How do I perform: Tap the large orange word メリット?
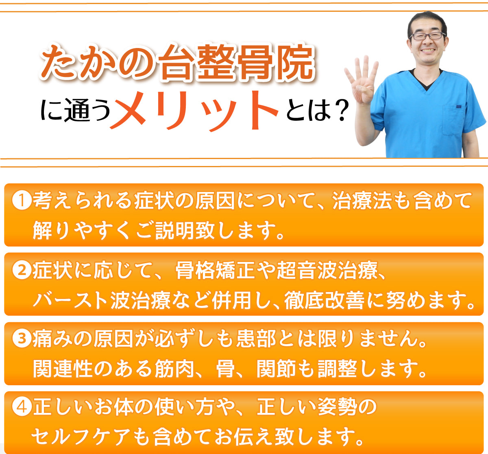(194, 109)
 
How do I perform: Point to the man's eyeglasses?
(427, 36)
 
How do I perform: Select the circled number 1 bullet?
(22, 201)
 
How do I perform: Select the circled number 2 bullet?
(22, 270)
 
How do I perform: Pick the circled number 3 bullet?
(22, 338)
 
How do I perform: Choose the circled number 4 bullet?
(22, 407)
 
